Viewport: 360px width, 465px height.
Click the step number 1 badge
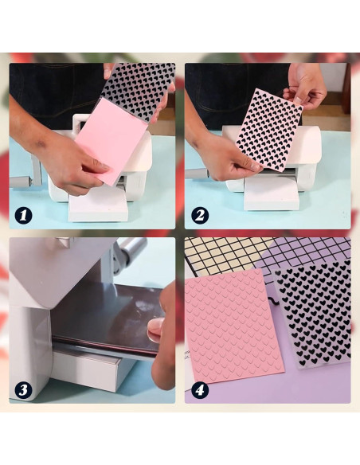coord(24,215)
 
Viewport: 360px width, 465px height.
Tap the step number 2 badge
coord(200,215)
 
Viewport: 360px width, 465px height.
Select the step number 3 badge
coord(24,389)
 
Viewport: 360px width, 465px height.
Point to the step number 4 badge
coord(200,389)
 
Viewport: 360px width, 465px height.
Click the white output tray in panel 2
coord(271,192)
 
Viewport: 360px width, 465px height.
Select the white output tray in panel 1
coord(98,205)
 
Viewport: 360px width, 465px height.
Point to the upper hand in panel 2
coord(304,86)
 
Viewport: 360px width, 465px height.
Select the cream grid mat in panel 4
coord(221,255)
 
